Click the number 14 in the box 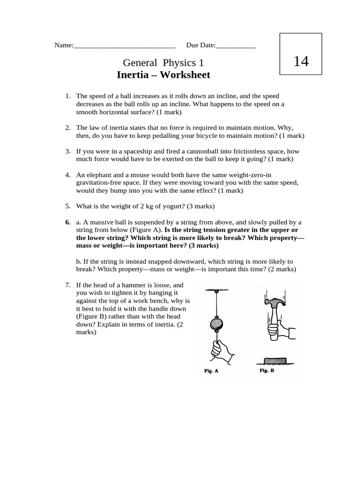pyautogui.click(x=300, y=61)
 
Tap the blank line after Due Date pyautogui.click(x=236, y=46)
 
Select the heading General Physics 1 pyautogui.click(x=163, y=63)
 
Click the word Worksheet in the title pyautogui.click(x=186, y=75)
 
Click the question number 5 pyautogui.click(x=67, y=206)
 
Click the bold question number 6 pyautogui.click(x=67, y=222)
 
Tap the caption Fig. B pyautogui.click(x=267, y=370)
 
